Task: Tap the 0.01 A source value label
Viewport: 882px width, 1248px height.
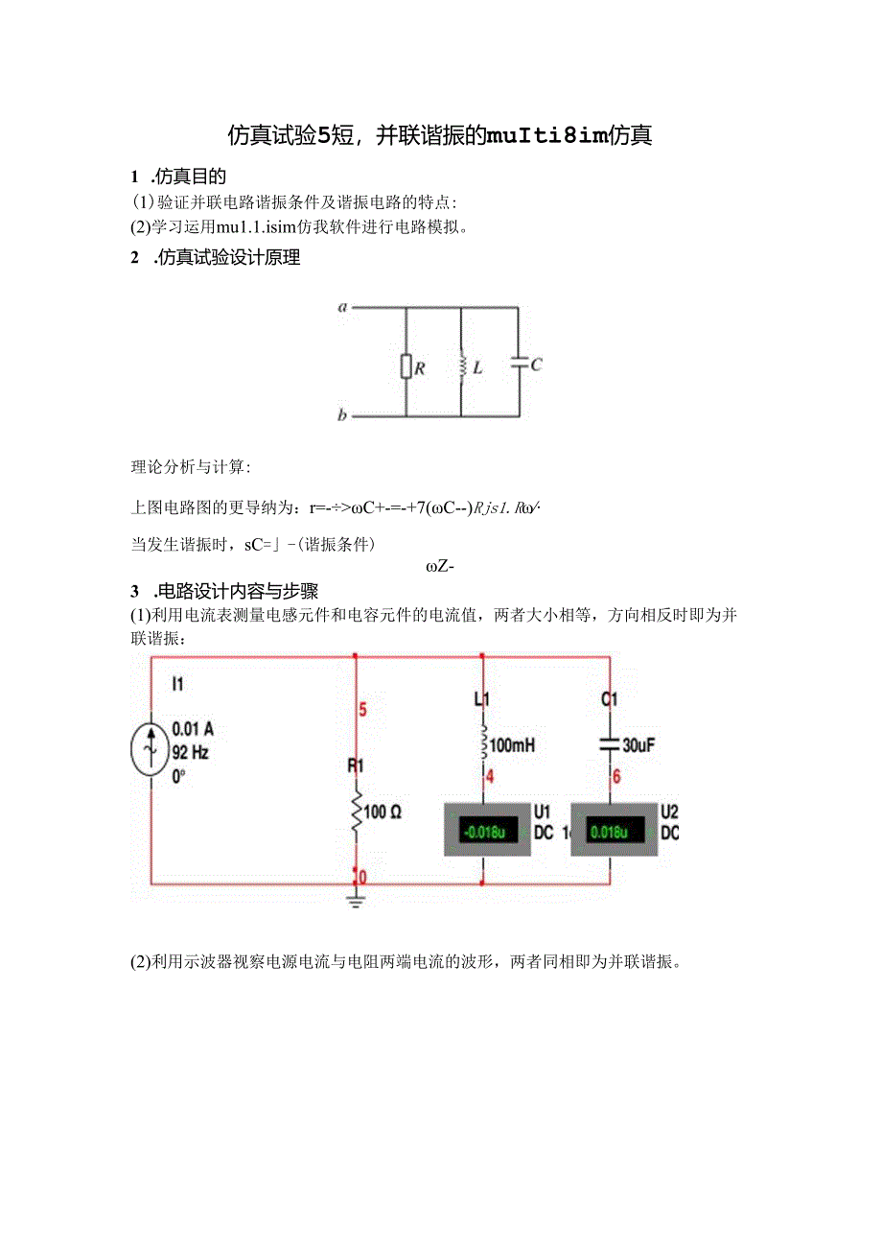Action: [193, 729]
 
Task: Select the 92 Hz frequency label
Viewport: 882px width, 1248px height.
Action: [191, 752]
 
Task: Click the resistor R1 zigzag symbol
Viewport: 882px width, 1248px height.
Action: [356, 812]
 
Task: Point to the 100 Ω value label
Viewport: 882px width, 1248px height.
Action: [383, 812]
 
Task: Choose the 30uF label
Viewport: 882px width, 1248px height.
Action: [638, 744]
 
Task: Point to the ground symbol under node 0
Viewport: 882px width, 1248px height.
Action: [356, 899]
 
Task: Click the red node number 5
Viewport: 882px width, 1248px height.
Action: [362, 711]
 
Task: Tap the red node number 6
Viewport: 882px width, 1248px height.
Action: [616, 777]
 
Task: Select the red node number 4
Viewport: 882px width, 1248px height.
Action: [489, 777]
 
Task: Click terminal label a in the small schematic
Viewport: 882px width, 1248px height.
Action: [341, 308]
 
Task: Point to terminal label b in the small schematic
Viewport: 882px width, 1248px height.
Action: [341, 416]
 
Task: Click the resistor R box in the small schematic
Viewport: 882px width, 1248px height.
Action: [406, 365]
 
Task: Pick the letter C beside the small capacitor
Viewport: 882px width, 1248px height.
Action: [536, 365]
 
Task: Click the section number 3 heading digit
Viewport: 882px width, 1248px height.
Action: [135, 591]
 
